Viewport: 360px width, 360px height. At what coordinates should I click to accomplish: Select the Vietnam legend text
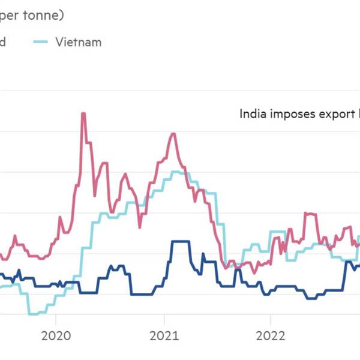click(x=78, y=42)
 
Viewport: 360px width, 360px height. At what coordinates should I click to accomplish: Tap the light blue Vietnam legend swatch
click(x=39, y=42)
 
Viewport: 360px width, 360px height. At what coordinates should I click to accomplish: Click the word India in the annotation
click(x=252, y=113)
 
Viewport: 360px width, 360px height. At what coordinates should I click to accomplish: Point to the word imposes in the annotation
click(x=292, y=113)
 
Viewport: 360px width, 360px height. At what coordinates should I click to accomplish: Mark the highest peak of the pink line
click(x=83, y=113)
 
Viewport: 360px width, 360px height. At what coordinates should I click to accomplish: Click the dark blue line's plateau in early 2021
click(x=180, y=242)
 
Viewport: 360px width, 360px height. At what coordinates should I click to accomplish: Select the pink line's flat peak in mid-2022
click(x=310, y=213)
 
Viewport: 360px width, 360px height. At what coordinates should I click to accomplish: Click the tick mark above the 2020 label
click(x=55, y=318)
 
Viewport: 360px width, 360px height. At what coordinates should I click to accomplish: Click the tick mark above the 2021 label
click(x=163, y=318)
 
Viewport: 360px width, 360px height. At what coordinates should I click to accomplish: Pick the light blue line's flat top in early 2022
click(x=277, y=232)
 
